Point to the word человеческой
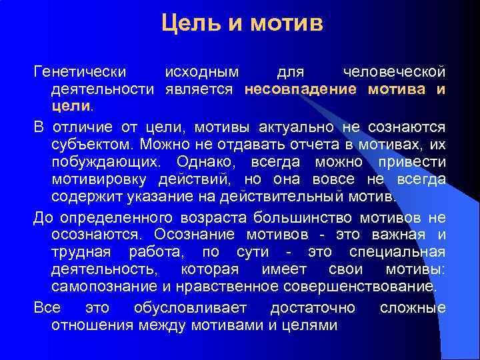click(x=393, y=71)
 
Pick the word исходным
click(x=203, y=71)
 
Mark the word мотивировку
click(x=101, y=179)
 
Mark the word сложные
click(x=413, y=308)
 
